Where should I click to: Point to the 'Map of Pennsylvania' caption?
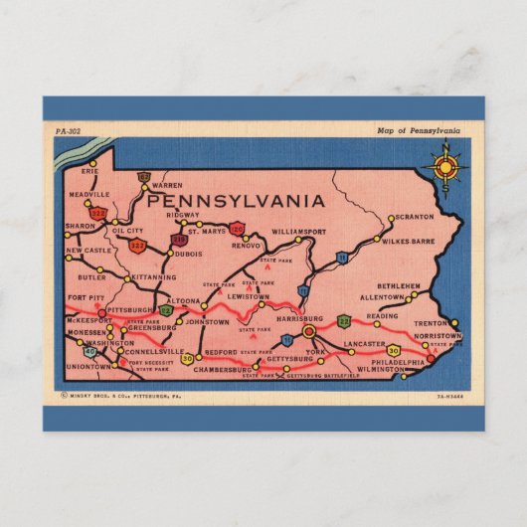419,131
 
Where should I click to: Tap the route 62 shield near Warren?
144,177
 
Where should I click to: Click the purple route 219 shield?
179,240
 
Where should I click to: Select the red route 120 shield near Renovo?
237,227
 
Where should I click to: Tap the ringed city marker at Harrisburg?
308,331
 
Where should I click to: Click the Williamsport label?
298,231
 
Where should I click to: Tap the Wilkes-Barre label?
408,241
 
